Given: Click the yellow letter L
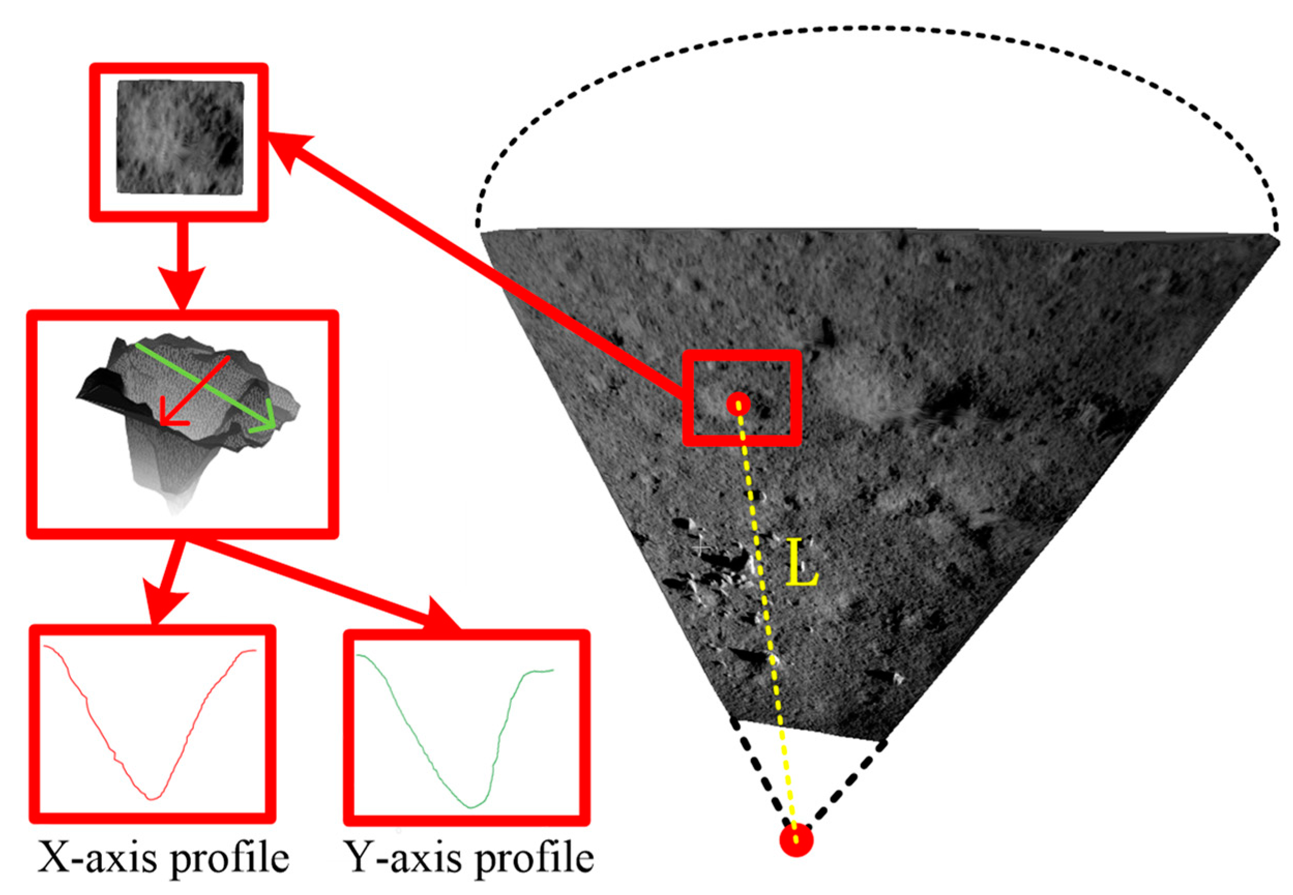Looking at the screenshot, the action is (801, 563).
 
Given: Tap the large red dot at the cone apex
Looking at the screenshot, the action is (796, 840).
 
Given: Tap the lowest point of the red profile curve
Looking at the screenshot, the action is (152, 798).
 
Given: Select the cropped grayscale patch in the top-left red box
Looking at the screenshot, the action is (180, 138).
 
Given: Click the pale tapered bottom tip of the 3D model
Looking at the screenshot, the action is (175, 508).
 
